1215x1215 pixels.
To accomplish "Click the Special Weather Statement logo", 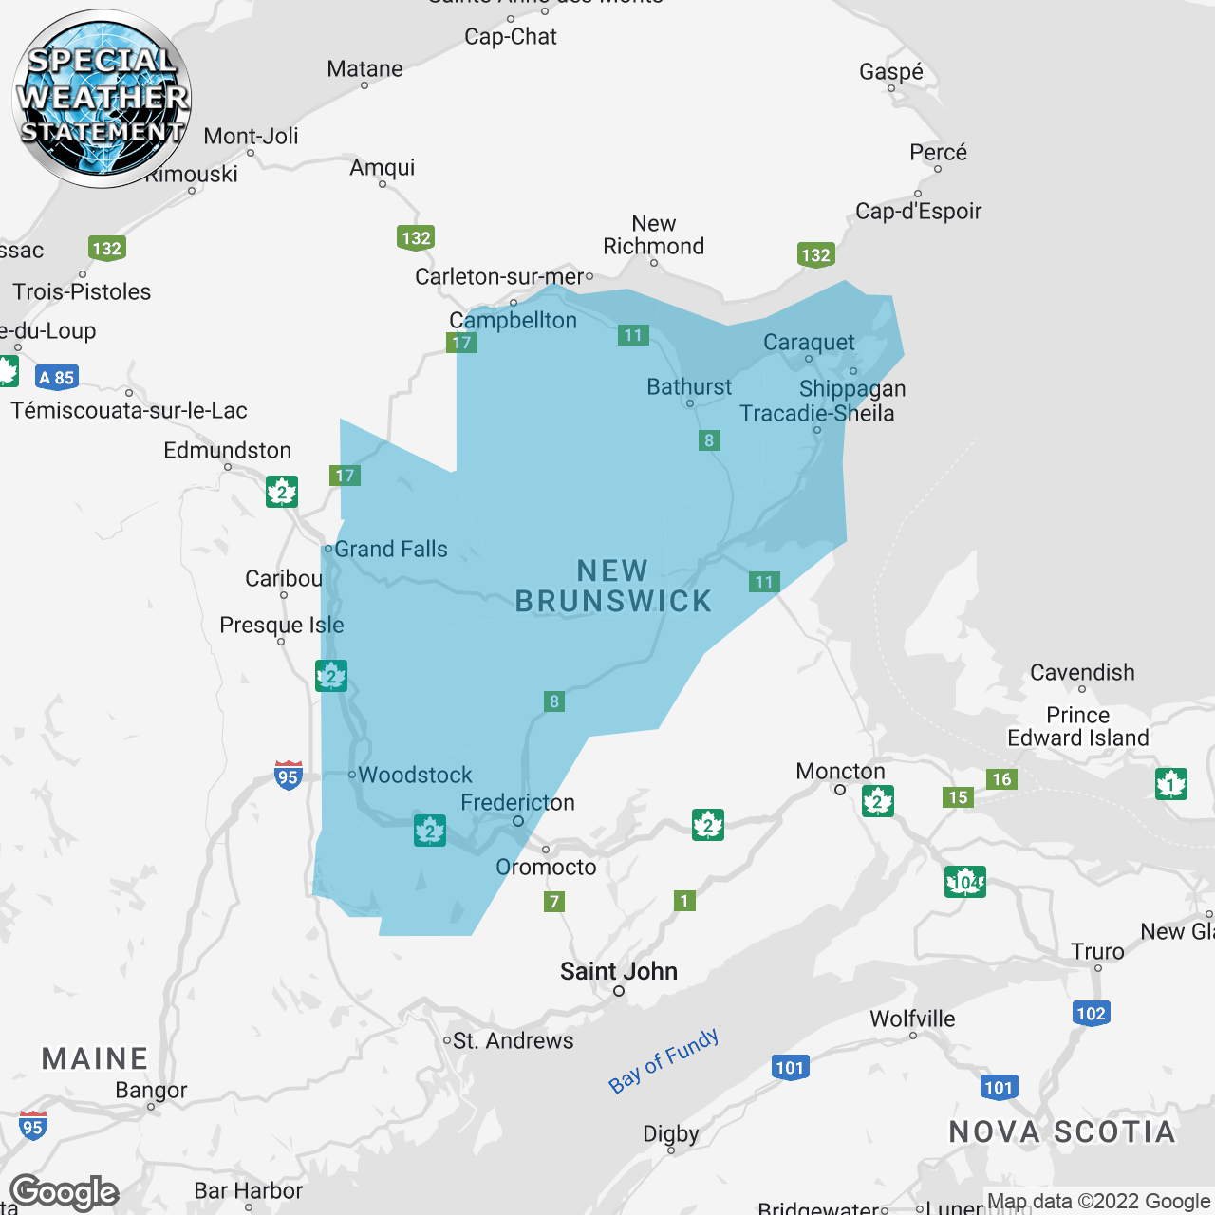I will click(103, 98).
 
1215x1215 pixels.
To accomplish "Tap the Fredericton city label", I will click(517, 803).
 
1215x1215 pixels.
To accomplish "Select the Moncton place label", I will click(840, 772).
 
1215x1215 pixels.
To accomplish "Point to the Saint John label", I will click(619, 972).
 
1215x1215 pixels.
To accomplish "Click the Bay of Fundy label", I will click(664, 1061).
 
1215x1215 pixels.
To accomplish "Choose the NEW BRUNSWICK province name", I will click(613, 587).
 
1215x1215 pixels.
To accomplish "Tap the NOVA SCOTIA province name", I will click(1062, 1132).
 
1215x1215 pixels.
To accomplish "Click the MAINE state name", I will click(95, 1059).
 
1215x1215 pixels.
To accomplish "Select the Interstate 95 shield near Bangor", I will click(33, 1126).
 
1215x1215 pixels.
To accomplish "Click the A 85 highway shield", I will click(57, 378).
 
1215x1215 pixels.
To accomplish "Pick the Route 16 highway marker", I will click(1001, 779).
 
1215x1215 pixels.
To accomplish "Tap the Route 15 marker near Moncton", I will click(958, 797).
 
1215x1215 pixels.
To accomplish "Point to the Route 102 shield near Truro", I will click(1091, 1014).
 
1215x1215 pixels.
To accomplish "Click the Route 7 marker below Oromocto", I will click(554, 902).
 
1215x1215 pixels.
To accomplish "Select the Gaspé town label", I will click(890, 72).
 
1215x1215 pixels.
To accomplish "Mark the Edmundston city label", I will click(227, 451).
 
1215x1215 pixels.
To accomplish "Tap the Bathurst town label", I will click(689, 387).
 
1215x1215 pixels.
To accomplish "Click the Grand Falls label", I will click(390, 550).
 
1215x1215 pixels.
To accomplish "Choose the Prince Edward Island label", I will click(1078, 727).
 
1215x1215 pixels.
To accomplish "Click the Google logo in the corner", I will click(65, 1192).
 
